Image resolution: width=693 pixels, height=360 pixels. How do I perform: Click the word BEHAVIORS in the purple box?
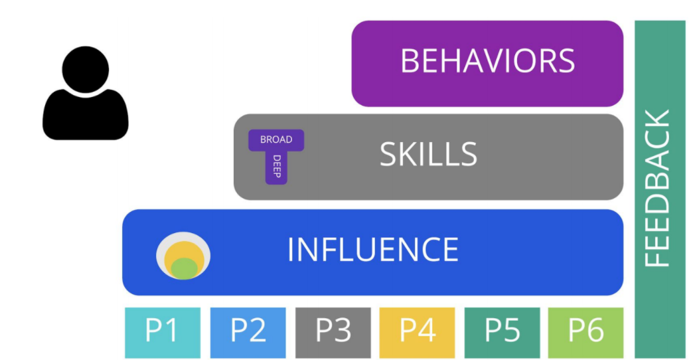click(x=487, y=61)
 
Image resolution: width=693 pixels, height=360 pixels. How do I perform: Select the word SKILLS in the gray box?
click(x=428, y=154)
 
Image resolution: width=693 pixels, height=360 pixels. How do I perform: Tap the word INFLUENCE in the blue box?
click(x=372, y=250)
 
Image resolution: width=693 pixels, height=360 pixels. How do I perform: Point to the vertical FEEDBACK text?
click(x=658, y=189)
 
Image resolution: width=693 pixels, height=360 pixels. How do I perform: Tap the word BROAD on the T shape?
click(x=276, y=139)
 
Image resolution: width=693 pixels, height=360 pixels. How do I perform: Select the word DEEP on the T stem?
click(x=276, y=166)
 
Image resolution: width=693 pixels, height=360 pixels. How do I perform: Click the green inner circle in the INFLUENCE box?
click(x=185, y=268)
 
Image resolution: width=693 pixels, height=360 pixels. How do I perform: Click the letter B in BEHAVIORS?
click(x=411, y=61)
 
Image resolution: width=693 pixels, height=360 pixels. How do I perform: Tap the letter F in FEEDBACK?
click(x=658, y=257)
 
